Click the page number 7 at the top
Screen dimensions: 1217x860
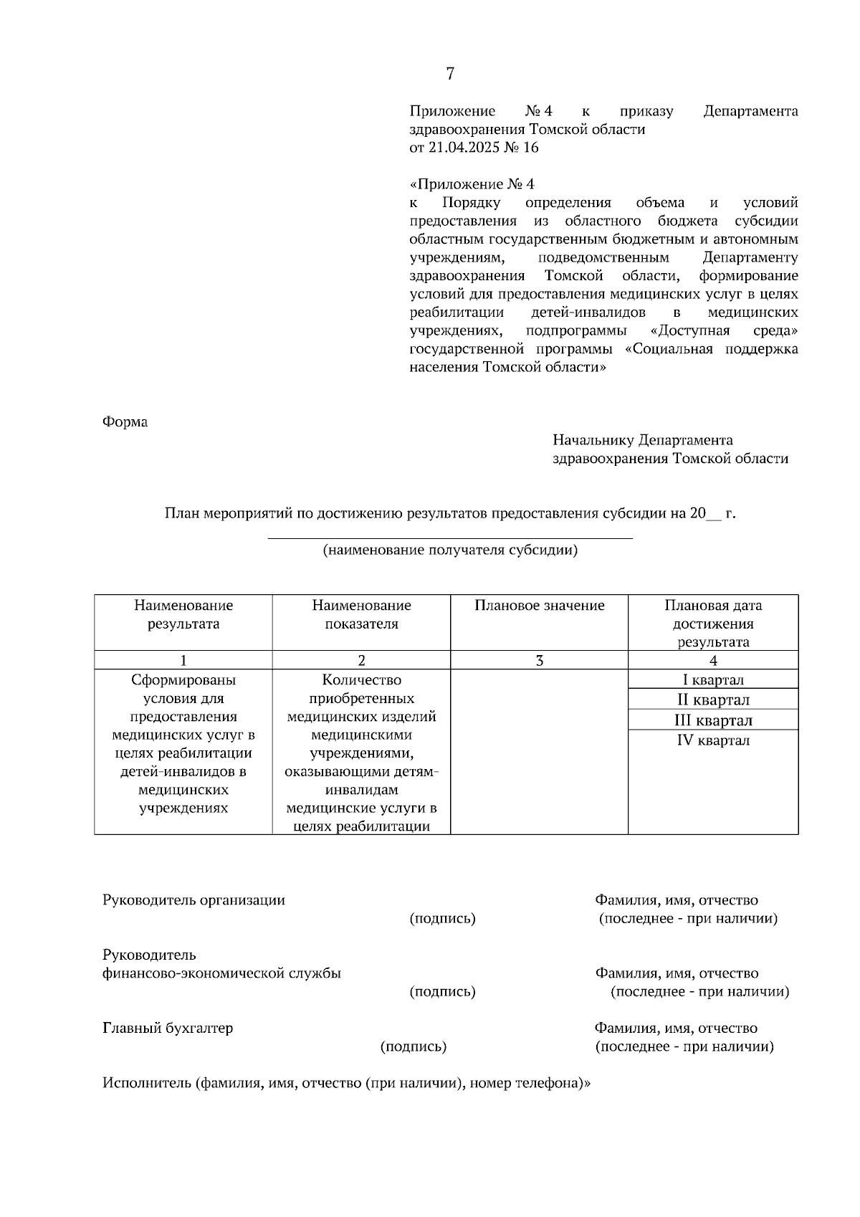(450, 73)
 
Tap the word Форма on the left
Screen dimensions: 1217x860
(125, 422)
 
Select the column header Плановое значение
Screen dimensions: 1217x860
(539, 606)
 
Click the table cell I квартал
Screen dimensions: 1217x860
(712, 679)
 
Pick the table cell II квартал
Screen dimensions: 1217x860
(712, 700)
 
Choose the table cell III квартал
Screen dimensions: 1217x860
(712, 720)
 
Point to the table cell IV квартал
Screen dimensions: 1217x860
(712, 740)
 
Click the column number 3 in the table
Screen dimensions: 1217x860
(539, 660)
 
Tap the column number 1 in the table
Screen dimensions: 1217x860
(183, 660)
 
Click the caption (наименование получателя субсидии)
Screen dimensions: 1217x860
(450, 550)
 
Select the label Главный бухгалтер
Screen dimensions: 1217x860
(168, 1029)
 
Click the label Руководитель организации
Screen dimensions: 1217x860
(193, 900)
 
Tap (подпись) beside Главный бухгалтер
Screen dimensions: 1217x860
(413, 1046)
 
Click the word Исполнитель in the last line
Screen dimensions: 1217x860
(146, 1083)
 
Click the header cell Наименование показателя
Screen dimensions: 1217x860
(361, 614)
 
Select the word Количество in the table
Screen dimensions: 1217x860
(361, 679)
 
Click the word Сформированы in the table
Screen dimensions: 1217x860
(183, 679)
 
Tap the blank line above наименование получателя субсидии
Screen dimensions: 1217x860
(450, 537)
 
